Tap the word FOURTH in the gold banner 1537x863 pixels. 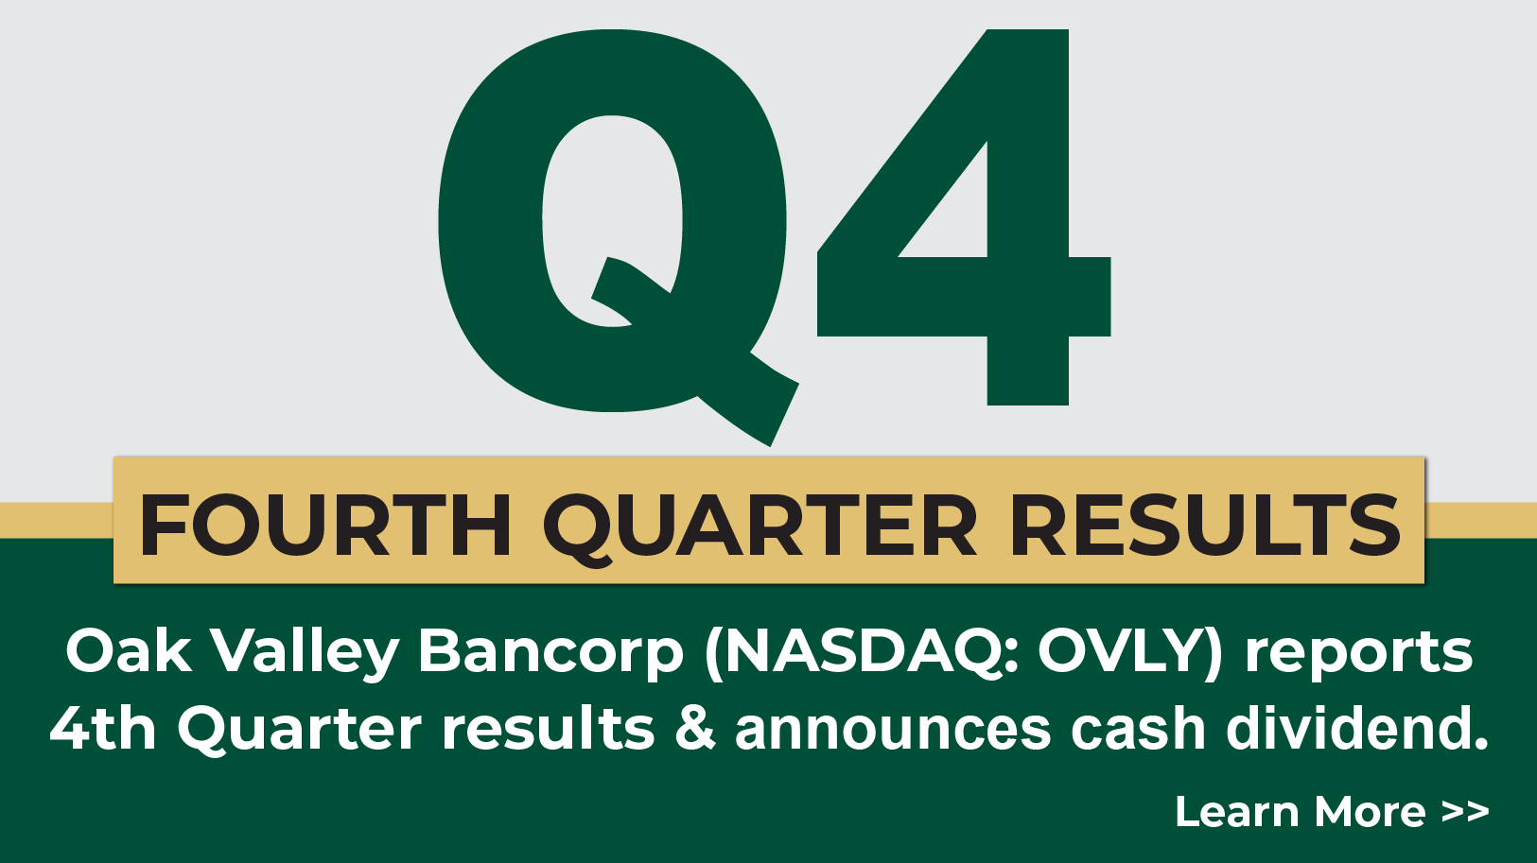coord(325,525)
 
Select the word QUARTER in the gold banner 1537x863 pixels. coord(760,526)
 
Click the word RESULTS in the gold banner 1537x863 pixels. coord(1204,525)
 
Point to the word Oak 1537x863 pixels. coord(128,651)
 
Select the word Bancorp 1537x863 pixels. coord(550,653)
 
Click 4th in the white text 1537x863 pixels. coord(102,729)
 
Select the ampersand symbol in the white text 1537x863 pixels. coord(696,729)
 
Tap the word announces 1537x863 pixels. coord(892,731)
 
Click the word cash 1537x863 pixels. coord(1138,729)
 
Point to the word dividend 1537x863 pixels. coord(1356,729)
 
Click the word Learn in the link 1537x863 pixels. coord(1236,812)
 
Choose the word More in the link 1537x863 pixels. coord(1370,812)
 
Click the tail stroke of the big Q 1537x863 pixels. coord(747,397)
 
